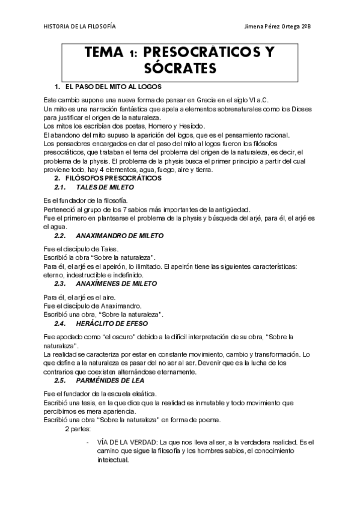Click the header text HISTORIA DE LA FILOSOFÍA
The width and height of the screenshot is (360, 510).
pos(80,26)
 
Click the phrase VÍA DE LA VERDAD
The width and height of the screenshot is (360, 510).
pos(125,442)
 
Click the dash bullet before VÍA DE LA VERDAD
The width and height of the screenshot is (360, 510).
pos(88,442)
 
